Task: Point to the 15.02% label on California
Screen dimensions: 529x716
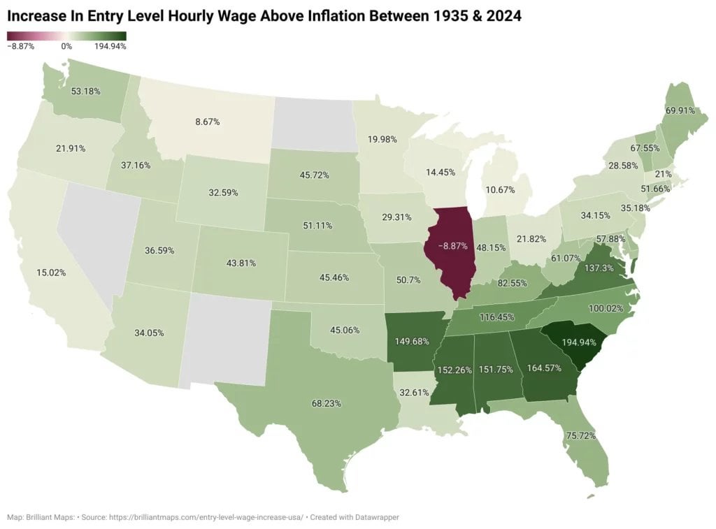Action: pos(51,273)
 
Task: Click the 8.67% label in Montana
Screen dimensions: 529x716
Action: pos(208,122)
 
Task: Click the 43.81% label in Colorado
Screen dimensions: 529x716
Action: pos(241,263)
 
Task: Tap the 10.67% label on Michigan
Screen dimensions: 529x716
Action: pos(501,190)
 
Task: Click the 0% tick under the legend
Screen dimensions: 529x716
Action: pos(66,47)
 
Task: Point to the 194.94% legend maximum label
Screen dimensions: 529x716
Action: pos(110,47)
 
